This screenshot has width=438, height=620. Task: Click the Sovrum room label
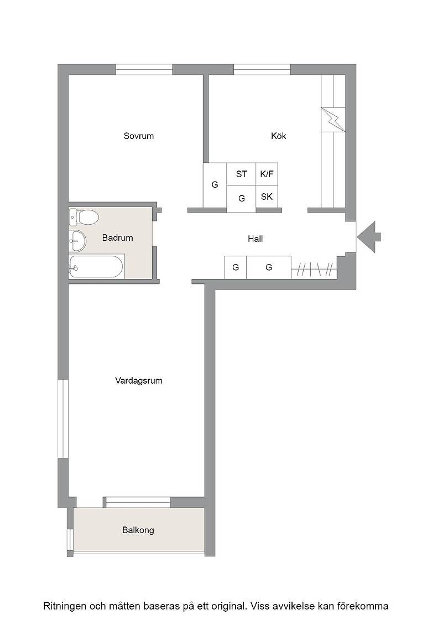138,136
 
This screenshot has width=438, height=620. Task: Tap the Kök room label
278,136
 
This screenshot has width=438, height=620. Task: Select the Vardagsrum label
139,381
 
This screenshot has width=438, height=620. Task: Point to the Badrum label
117,237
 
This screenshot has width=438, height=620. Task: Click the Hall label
255,239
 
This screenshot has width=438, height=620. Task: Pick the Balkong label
138,530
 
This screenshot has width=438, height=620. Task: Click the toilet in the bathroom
84,217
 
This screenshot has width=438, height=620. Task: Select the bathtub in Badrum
97,267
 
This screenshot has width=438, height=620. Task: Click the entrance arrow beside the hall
369,237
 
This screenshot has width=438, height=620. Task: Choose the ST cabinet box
241,174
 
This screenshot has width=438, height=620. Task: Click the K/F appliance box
267,174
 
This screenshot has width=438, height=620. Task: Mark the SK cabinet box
267,197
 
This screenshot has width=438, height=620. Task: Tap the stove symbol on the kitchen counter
333,120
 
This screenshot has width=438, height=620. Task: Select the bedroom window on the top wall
144,70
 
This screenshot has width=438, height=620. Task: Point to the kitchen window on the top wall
262,70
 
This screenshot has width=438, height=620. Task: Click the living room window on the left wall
63,418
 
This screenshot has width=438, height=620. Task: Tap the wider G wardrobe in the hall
269,267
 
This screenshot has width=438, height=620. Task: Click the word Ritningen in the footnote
65,606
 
